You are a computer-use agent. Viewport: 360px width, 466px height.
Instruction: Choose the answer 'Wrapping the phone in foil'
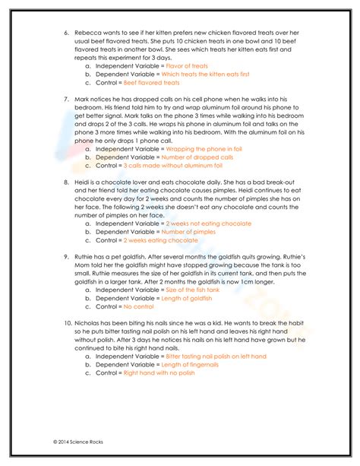(199, 149)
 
